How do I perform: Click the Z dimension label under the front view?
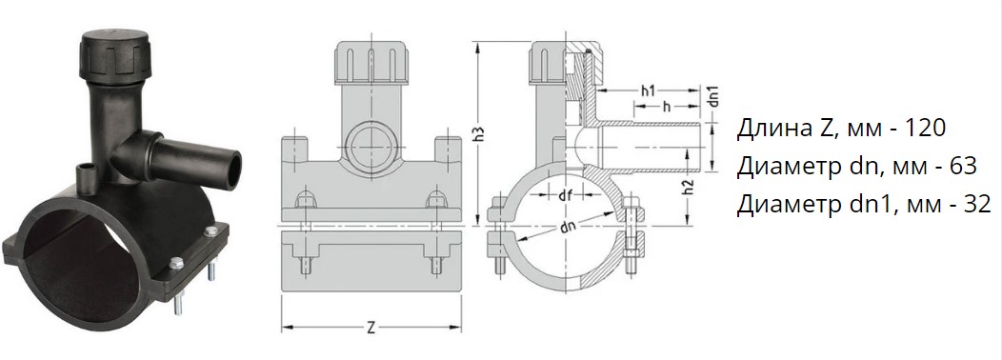pos(371,328)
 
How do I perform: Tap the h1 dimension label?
pos(649,90)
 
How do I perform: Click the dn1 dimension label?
pos(715,95)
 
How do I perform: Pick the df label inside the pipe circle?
pos(565,196)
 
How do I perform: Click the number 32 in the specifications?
pos(974,204)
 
